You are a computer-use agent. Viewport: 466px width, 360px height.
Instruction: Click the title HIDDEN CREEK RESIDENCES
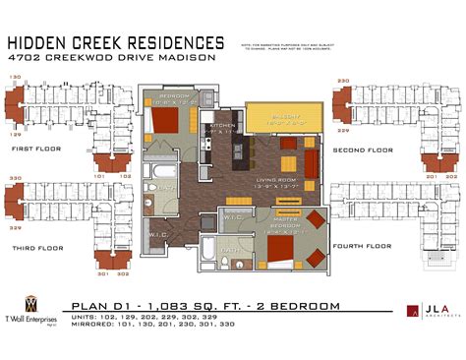pyautogui.click(x=116, y=42)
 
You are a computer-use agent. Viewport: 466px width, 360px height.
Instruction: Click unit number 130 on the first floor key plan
pyautogui.click(x=15, y=77)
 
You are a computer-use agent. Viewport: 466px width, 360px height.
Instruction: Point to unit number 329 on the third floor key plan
pyautogui.click(x=15, y=227)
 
